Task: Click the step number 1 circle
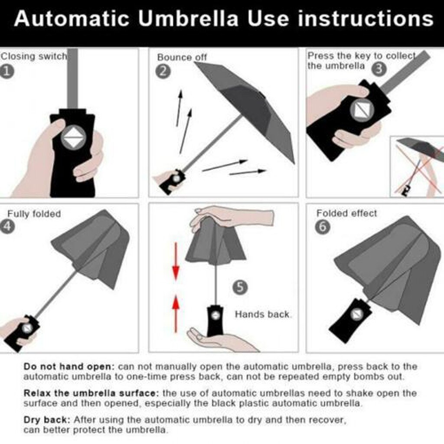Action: [7, 72]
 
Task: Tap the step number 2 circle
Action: [163, 71]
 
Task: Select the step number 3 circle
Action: [379, 69]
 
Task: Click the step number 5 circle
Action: [240, 287]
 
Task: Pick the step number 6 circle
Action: [322, 227]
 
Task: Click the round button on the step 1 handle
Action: [73, 137]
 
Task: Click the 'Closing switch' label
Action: [33, 56]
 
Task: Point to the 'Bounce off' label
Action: [182, 57]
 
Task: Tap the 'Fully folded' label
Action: [34, 214]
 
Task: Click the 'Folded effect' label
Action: [346, 213]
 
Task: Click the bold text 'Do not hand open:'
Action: [69, 366]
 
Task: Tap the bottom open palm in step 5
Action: [217, 340]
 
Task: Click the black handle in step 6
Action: [349, 320]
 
